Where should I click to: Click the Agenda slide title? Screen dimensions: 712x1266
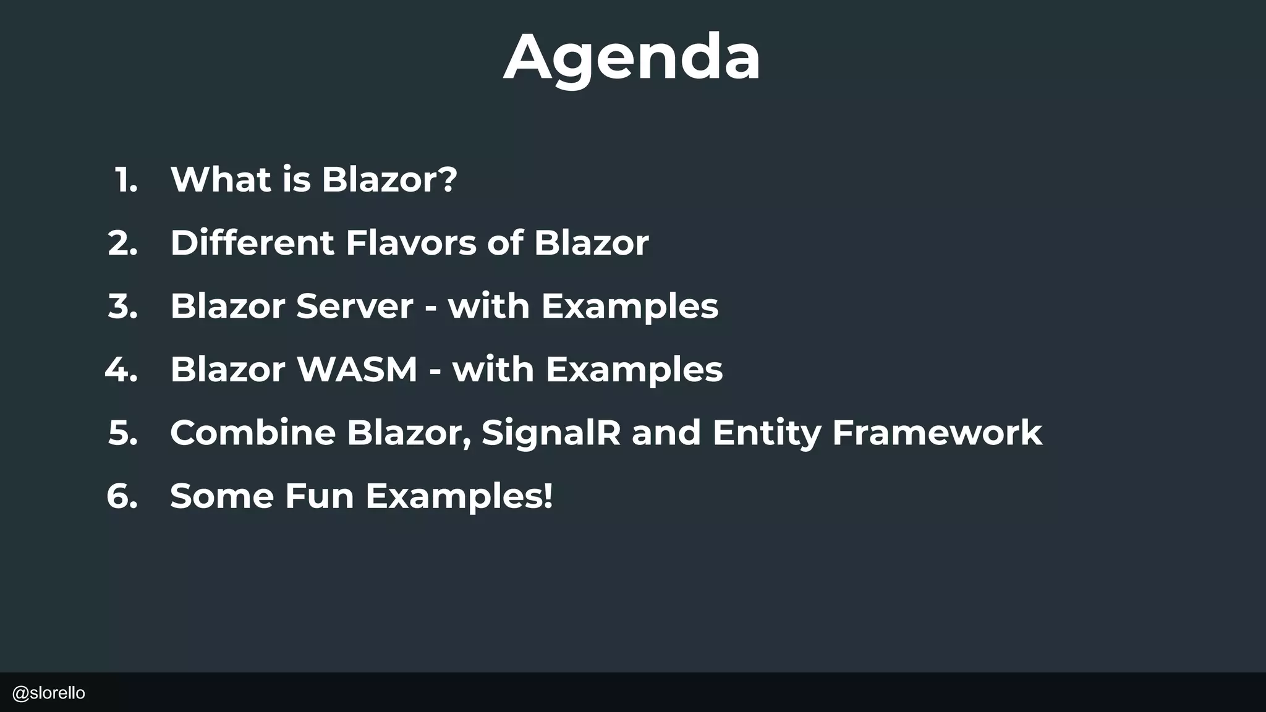tap(632, 57)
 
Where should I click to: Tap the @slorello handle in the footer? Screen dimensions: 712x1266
tap(49, 693)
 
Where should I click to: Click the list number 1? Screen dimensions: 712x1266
tap(126, 180)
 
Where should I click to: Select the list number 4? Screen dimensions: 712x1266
tap(121, 370)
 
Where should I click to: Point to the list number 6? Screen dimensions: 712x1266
tap(122, 496)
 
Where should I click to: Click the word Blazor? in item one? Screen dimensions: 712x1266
tap(389, 180)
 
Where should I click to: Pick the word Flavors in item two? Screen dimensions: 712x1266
tap(411, 243)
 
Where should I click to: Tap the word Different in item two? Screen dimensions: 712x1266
tap(252, 243)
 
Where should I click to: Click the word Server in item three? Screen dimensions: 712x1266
tap(354, 307)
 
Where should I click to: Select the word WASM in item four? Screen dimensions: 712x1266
tap(357, 370)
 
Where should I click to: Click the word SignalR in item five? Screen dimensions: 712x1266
tap(551, 433)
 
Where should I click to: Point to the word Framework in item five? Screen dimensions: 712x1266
tap(937, 433)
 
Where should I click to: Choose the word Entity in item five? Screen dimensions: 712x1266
tap(767, 434)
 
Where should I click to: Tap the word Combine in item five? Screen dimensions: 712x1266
tap(253, 433)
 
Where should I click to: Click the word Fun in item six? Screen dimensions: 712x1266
tap(319, 496)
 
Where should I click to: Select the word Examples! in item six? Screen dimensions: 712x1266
tap(459, 497)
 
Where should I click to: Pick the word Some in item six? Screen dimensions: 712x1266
tap(222, 496)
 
